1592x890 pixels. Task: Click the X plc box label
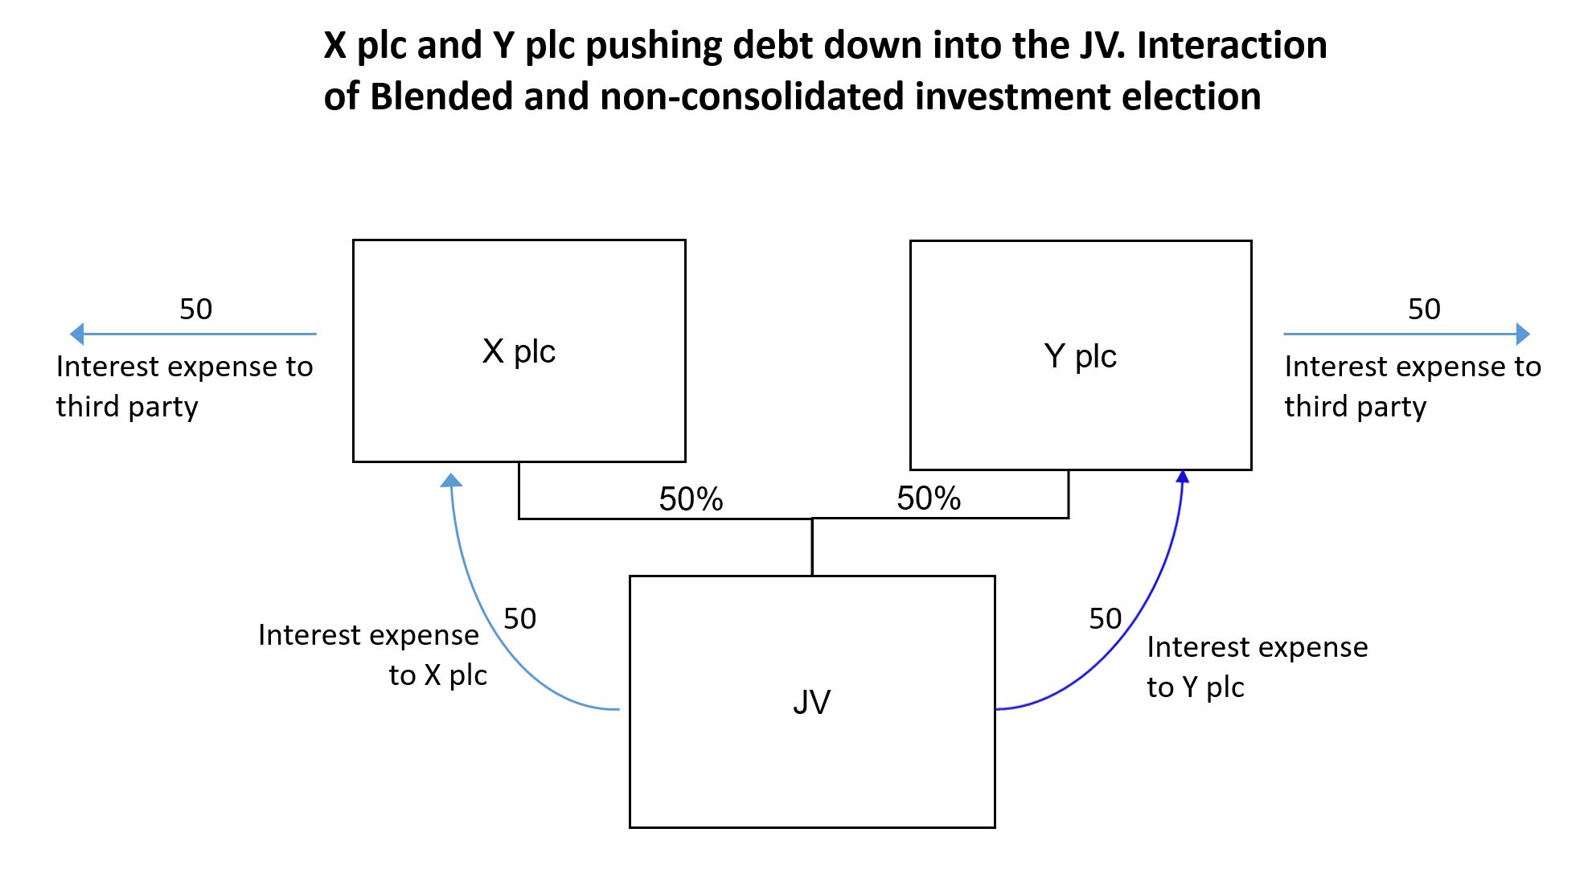click(519, 351)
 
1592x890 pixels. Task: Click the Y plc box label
click(1080, 355)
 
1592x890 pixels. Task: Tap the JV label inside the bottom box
click(811, 702)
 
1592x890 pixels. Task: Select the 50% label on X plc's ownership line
click(691, 499)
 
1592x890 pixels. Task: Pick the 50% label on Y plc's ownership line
click(929, 498)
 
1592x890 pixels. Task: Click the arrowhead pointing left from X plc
click(77, 334)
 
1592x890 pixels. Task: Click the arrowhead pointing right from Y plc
click(1522, 334)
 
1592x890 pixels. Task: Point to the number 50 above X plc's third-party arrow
click(195, 309)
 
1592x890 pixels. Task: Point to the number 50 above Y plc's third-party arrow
click(1424, 309)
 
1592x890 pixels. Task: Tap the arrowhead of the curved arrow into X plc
click(451, 480)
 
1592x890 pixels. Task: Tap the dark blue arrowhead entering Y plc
click(1183, 477)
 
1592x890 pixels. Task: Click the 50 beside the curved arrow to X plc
click(519, 618)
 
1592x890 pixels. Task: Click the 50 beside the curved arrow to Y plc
click(1105, 618)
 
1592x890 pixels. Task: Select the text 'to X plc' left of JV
click(437, 675)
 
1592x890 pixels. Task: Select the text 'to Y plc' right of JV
click(1195, 687)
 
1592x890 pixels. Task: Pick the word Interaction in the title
click(1231, 45)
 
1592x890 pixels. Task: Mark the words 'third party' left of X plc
click(127, 407)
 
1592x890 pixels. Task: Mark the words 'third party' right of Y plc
click(1355, 407)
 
